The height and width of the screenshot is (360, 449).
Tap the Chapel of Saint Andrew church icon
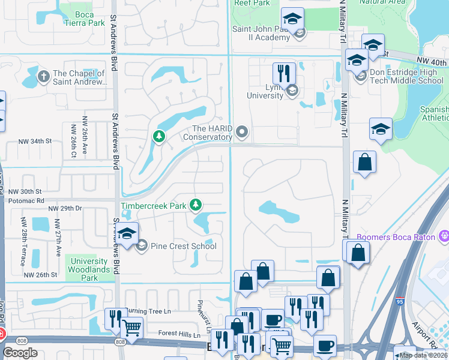pyautogui.click(x=43, y=76)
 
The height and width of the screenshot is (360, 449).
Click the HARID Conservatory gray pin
pyautogui.click(x=242, y=131)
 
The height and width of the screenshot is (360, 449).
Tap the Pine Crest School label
pyautogui.click(x=184, y=246)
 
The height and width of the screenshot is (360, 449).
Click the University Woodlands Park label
pyautogui.click(x=89, y=269)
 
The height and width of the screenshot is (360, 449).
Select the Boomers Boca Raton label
pyautogui.click(x=396, y=237)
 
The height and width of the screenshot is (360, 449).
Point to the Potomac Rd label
pyautogui.click(x=24, y=200)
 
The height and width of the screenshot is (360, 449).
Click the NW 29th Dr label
pyautogui.click(x=66, y=209)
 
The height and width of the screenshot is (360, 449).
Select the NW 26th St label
pyautogui.click(x=41, y=275)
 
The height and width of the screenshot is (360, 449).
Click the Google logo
pyautogui.click(x=20, y=352)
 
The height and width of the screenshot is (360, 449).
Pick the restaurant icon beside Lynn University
pyautogui.click(x=283, y=73)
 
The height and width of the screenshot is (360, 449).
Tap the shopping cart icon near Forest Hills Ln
pyautogui.click(x=131, y=328)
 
